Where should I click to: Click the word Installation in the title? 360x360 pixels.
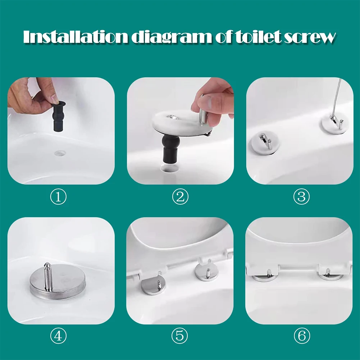coord(75,37)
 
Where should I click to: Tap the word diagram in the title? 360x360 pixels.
coord(170,37)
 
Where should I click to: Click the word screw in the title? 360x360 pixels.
coord(310,37)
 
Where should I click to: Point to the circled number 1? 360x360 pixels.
coord(58,197)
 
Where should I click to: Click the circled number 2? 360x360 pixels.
coord(180,197)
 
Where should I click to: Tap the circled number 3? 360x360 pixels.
coord(301,197)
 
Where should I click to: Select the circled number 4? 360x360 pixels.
coord(58,336)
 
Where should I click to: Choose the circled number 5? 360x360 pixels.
coord(180,336)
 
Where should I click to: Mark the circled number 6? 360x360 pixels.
coord(301,336)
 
